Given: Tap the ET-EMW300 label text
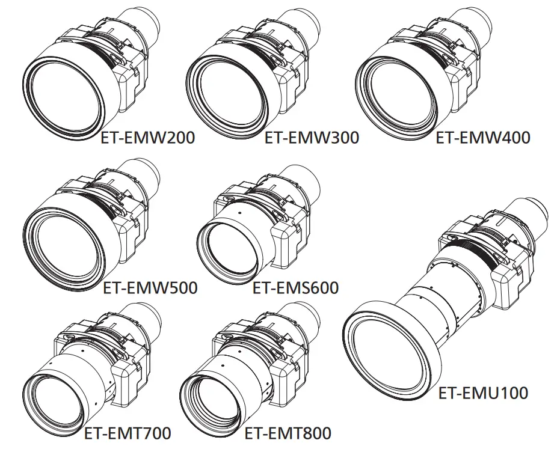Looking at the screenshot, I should pyautogui.click(x=312, y=138).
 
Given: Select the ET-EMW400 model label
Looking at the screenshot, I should pyautogui.click(x=483, y=138).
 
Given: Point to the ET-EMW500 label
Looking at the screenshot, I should pyautogui.click(x=150, y=288).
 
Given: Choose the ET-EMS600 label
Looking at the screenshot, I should pyautogui.click(x=295, y=288).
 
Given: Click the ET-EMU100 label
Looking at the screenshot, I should pyautogui.click(x=483, y=393).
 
